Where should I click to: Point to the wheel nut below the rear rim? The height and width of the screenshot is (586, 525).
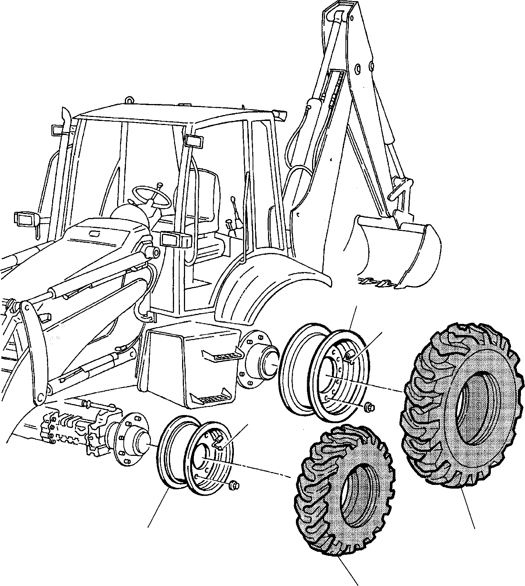tap(369, 407)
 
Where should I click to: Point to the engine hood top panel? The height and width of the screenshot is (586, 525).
tap(99, 235)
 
